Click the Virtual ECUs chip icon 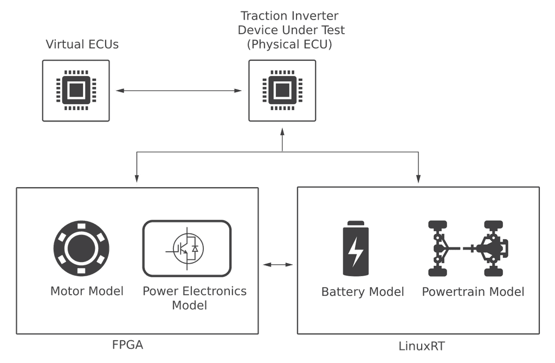(x=76, y=90)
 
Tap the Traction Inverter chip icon (x=282, y=90)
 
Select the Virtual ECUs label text (x=82, y=44)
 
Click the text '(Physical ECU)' (x=289, y=44)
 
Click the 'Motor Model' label (x=87, y=291)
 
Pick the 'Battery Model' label (x=363, y=292)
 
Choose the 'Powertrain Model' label (x=473, y=292)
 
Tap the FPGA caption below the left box (x=127, y=345)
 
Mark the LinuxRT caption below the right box (x=422, y=346)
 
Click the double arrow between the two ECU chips (x=179, y=91)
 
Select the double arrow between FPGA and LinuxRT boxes (x=278, y=265)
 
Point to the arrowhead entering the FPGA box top (x=137, y=179)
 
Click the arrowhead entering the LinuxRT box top (x=418, y=179)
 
